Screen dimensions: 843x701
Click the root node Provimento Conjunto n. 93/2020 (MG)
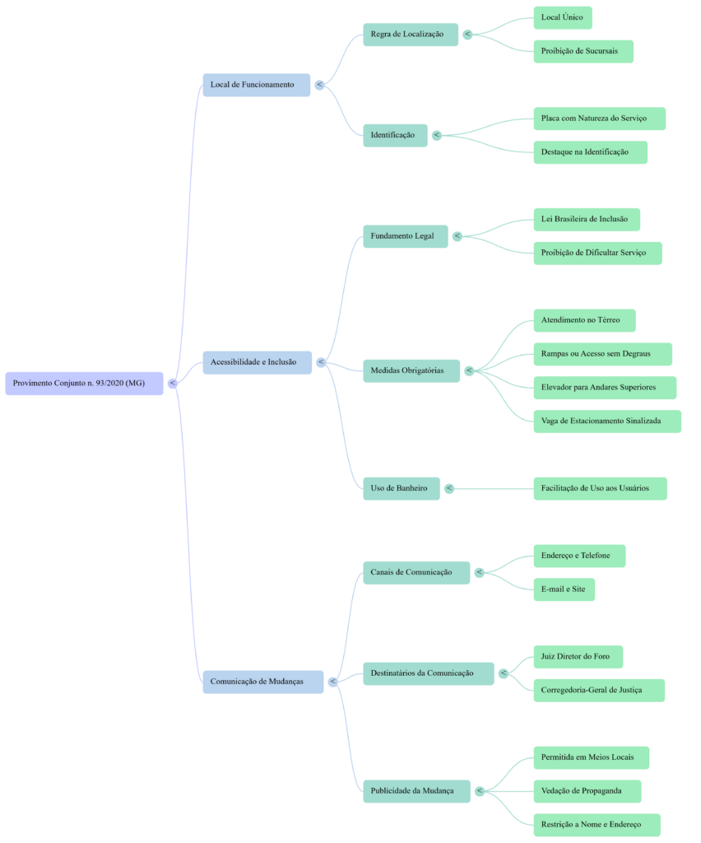84,383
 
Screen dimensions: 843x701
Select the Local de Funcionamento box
256,85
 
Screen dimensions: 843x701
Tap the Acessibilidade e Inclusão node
257,362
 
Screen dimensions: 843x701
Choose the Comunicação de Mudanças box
262,682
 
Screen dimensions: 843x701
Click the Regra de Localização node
410,35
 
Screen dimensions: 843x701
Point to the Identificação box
395,135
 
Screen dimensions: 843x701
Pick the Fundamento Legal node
406,236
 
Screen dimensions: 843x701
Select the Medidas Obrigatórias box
411,371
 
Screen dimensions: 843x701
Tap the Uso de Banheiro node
401,488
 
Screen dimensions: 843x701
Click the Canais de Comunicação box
416,572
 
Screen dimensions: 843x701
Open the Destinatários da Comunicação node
428,673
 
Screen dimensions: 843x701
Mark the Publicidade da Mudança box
416,791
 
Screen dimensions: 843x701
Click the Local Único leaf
563,17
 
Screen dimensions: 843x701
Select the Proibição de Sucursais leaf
583,51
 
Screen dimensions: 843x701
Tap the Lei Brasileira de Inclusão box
586,220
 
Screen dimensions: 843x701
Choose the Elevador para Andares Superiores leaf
605,388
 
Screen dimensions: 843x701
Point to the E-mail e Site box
564,589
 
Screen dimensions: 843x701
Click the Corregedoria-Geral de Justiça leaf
598,690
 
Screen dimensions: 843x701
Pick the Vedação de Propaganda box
587,791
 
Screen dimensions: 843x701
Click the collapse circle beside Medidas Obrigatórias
469,371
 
